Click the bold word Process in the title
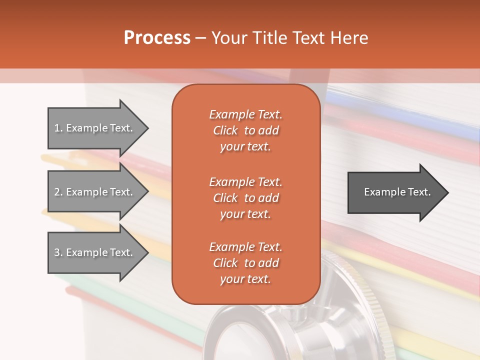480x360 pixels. click(157, 38)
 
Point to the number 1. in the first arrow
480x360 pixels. click(58, 128)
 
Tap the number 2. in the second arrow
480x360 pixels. click(58, 192)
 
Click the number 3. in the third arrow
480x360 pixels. click(58, 252)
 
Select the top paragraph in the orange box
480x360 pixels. click(245, 130)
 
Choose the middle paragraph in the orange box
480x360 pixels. click(245, 197)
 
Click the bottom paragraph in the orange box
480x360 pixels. click(245, 263)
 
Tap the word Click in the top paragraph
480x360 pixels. click(225, 130)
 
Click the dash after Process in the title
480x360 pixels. click(201, 38)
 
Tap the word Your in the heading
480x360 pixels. click(230, 38)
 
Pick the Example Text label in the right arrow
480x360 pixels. click(397, 192)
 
